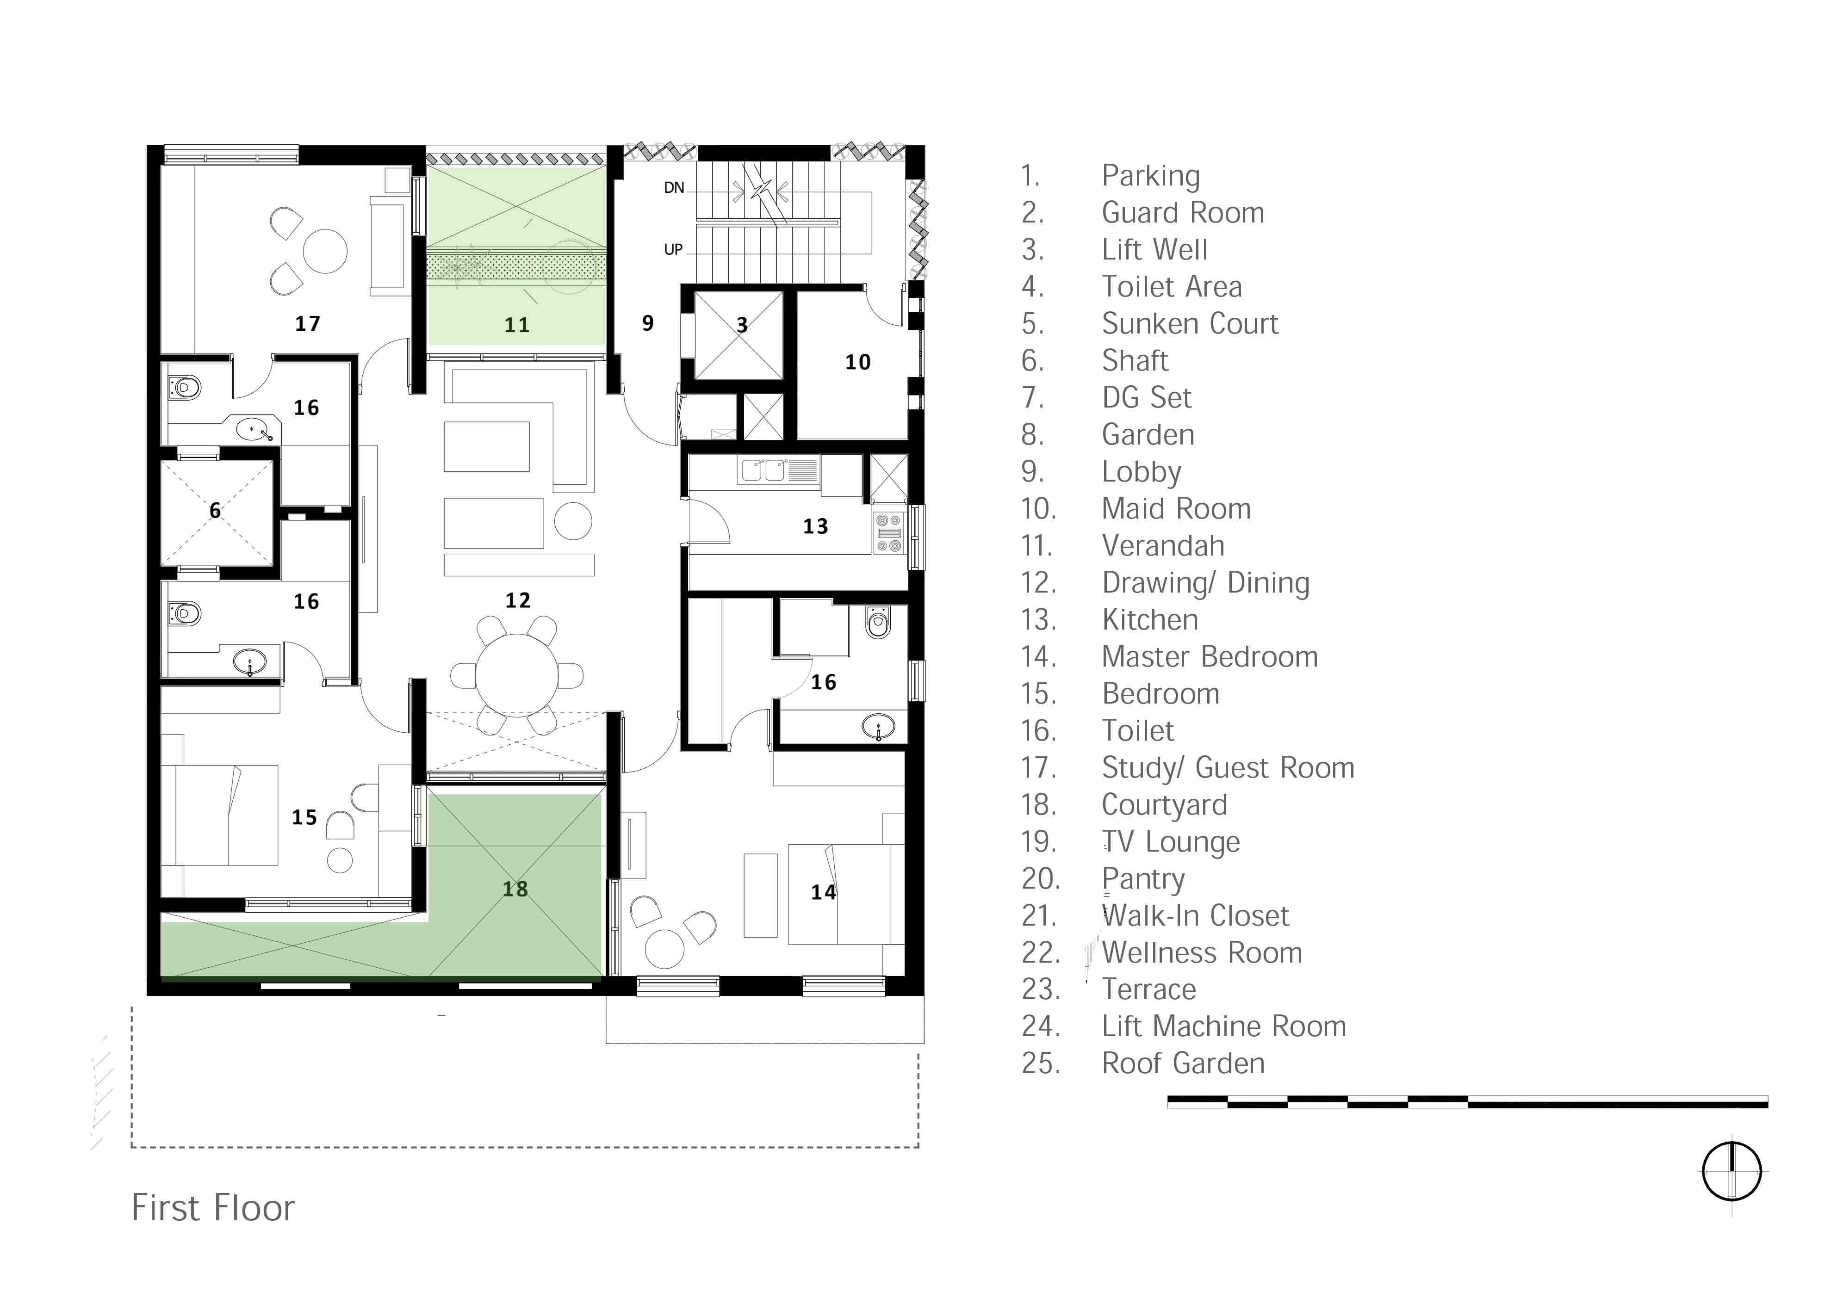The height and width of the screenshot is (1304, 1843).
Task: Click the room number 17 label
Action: [x=308, y=324]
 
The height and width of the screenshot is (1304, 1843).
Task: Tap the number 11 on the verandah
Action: [x=517, y=325]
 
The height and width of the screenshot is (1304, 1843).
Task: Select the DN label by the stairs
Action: [x=674, y=188]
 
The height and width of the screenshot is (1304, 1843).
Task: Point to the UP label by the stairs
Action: [x=673, y=250]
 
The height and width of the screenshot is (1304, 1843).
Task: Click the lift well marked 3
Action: [x=739, y=336]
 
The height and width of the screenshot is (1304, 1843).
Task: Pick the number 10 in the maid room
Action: [x=858, y=362]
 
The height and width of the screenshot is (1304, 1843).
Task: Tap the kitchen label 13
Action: [x=815, y=527]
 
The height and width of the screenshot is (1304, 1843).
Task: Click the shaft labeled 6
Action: [x=217, y=512]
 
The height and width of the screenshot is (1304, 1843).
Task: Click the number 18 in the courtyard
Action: [x=515, y=889]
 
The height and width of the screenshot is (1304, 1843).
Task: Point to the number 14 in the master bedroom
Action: [x=823, y=892]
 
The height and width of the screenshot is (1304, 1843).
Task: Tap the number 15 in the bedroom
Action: [x=304, y=817]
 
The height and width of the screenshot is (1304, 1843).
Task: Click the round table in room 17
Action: [x=325, y=251]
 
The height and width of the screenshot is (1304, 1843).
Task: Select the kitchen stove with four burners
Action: [x=889, y=533]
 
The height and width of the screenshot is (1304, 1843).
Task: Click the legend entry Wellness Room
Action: [x=1201, y=952]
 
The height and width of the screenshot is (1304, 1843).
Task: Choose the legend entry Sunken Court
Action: [x=1189, y=324]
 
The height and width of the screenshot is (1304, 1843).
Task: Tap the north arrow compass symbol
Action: [x=1731, y=1172]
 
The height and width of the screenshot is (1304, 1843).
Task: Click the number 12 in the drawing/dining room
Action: [x=518, y=600]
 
